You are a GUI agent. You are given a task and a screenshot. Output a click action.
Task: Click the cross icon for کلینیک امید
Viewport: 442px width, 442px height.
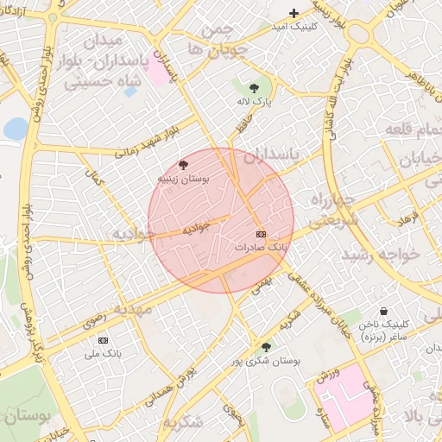[294, 13]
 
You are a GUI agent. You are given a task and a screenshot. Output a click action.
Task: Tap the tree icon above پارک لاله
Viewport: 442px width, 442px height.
[253, 88]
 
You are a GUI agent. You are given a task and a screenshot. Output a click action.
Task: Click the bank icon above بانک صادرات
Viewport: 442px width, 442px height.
[261, 234]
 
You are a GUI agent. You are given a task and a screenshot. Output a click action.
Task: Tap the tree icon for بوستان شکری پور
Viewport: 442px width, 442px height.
[266, 347]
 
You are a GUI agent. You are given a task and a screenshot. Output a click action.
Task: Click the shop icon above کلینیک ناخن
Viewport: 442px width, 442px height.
[383, 312]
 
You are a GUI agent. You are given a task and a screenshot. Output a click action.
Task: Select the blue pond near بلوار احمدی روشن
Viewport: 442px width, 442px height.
[16, 129]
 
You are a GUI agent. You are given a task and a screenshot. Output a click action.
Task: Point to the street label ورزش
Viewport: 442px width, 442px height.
[324, 378]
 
